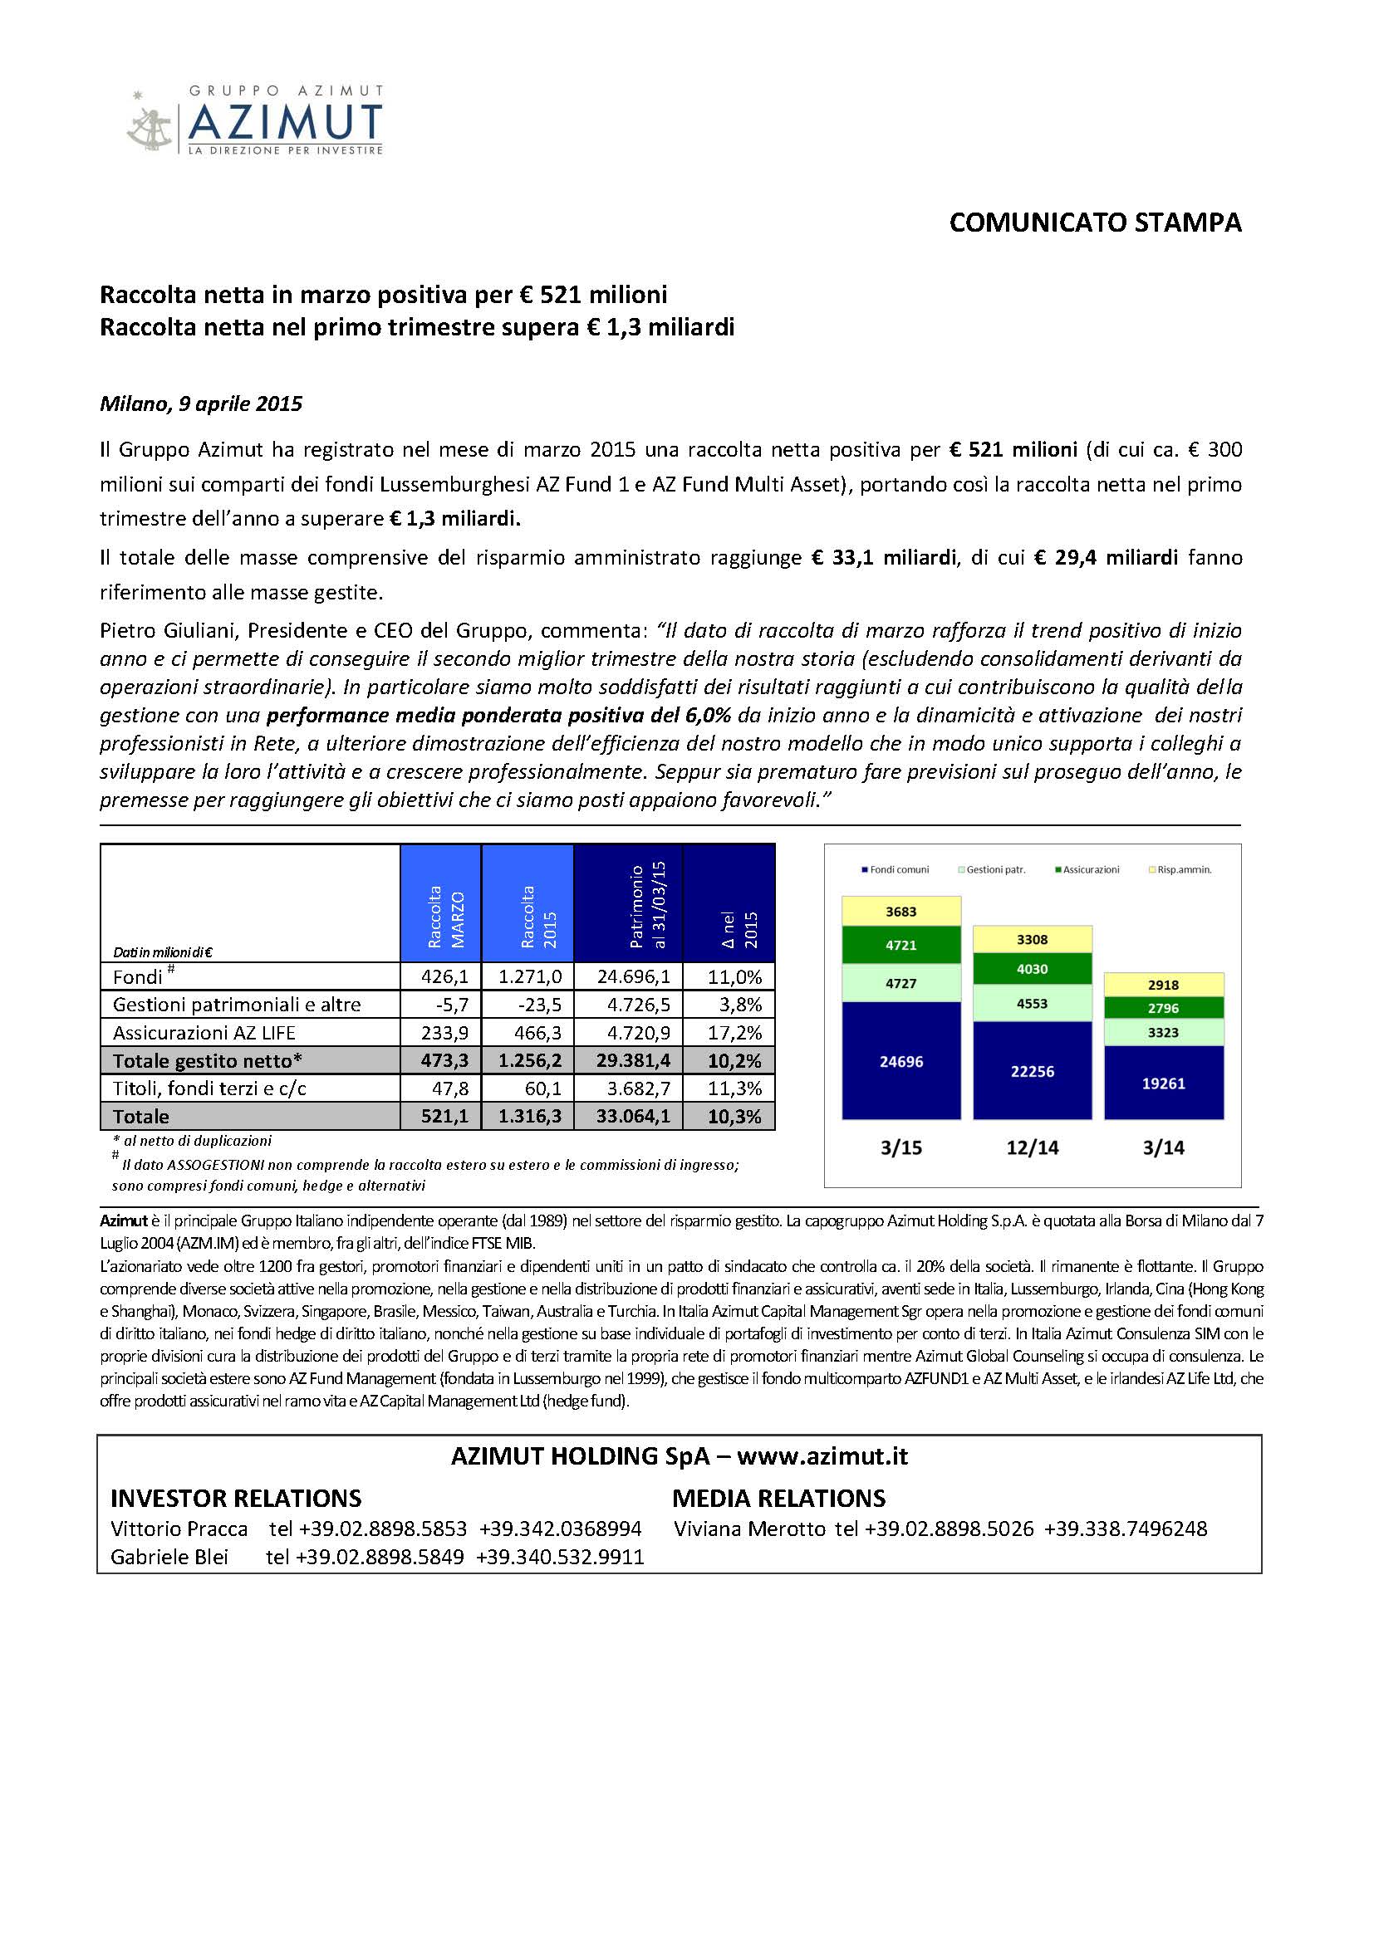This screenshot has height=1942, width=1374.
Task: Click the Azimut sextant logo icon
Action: click(x=150, y=121)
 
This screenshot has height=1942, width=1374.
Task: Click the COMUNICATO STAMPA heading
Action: click(x=1095, y=223)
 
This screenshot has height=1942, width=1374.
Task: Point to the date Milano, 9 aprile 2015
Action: click(x=201, y=404)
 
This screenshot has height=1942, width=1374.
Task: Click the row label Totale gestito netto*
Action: click(x=208, y=1060)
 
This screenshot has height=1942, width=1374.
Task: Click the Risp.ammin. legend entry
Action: click(x=1184, y=869)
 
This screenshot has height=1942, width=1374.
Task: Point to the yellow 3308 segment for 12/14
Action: click(x=1033, y=940)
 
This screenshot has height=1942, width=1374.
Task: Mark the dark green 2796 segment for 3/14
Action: click(x=1163, y=1008)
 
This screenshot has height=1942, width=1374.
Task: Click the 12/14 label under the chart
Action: click(x=1033, y=1147)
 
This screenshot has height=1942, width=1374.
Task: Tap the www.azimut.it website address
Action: click(x=822, y=1456)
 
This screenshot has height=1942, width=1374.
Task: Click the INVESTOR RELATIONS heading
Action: click(x=236, y=1499)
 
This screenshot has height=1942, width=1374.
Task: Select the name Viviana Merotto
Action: click(x=749, y=1529)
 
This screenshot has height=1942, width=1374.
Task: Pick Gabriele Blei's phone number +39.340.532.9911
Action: click(x=560, y=1557)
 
